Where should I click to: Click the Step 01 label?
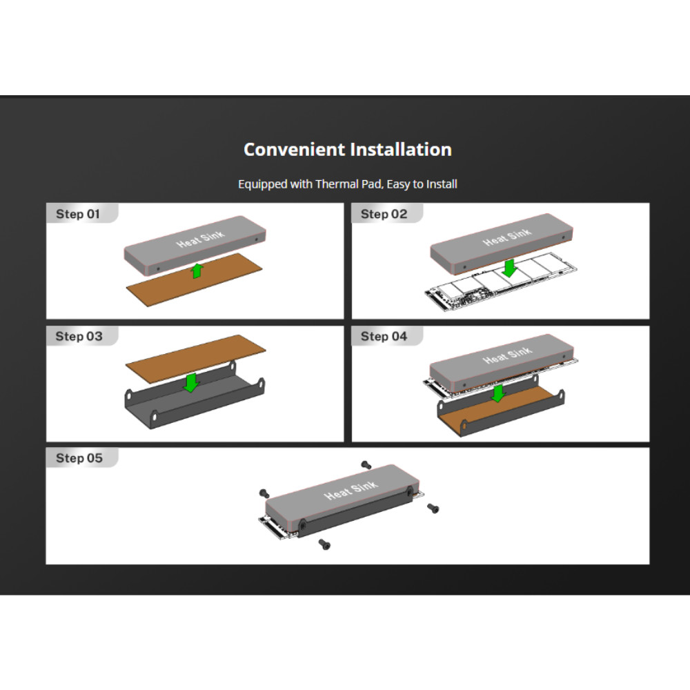(x=78, y=215)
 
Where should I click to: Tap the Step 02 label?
(x=384, y=215)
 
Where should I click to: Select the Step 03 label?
(x=79, y=337)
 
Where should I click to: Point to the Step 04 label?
(x=384, y=337)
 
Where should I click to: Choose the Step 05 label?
(x=79, y=458)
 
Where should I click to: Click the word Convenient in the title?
(x=295, y=150)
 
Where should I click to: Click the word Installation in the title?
(x=401, y=150)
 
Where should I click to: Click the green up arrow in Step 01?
(x=197, y=270)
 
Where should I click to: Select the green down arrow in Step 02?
(x=510, y=268)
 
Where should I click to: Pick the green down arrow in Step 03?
(x=191, y=382)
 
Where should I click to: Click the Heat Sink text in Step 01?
(x=200, y=239)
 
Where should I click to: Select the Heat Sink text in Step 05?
(x=351, y=490)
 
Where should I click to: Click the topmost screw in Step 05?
(x=366, y=465)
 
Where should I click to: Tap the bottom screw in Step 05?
(x=324, y=544)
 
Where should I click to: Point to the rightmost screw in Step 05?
(x=433, y=509)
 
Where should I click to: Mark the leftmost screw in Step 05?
(x=264, y=493)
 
